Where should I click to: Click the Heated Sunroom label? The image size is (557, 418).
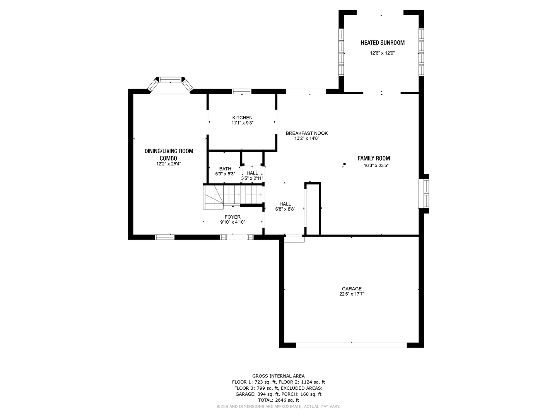point(383,43)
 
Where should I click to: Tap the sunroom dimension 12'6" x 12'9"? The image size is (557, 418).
point(382,53)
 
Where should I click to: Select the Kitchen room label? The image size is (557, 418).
point(242,118)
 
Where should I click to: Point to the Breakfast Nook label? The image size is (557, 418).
point(306,133)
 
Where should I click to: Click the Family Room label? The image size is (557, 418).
point(374,158)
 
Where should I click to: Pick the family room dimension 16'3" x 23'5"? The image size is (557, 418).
point(376,166)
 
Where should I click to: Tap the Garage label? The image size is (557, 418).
point(352,289)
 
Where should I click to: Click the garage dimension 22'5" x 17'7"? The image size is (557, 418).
point(352,294)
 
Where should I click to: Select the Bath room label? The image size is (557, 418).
point(225,169)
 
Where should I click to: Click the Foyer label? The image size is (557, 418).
point(232,217)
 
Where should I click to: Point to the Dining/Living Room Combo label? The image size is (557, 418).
point(169,154)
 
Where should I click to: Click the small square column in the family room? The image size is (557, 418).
point(344,164)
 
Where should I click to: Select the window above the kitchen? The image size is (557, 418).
point(241,91)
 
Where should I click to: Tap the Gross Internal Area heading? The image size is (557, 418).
point(278,376)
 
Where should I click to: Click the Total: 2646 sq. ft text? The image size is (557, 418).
point(278,400)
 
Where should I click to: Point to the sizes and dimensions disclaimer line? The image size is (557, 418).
point(278,406)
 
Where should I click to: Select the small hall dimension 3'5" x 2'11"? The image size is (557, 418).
point(252,178)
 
